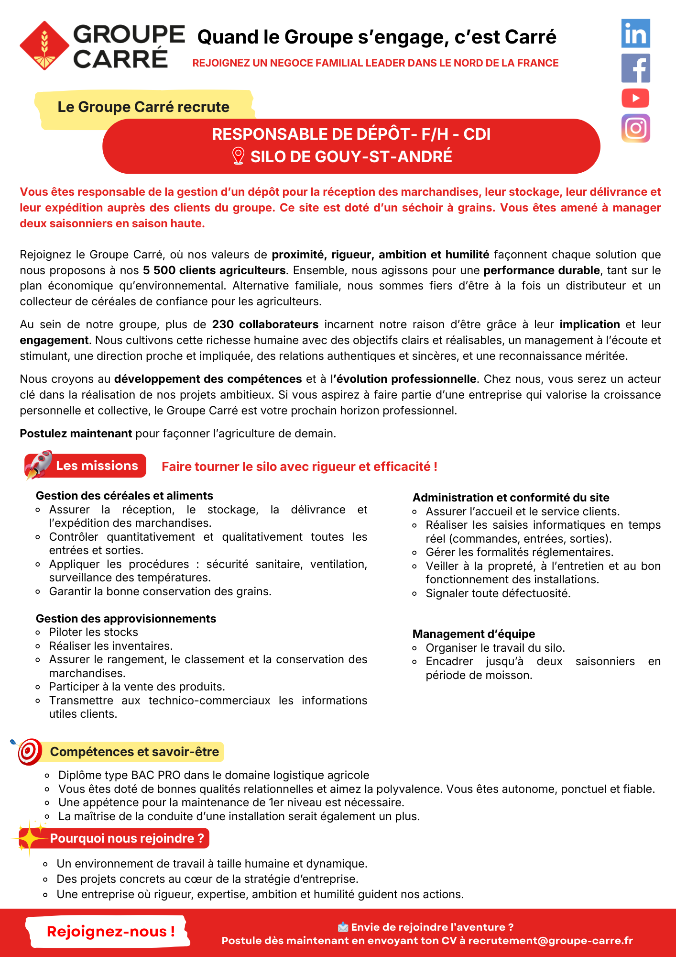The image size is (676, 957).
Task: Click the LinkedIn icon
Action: pyautogui.click(x=635, y=33)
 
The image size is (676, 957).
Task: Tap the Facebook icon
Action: pyautogui.click(x=635, y=68)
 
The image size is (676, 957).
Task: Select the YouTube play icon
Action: pyautogui.click(x=635, y=98)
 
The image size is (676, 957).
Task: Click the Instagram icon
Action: pyautogui.click(x=635, y=128)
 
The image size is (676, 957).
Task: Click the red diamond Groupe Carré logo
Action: pyautogui.click(x=44, y=45)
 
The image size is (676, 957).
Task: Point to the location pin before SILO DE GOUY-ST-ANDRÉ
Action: pyautogui.click(x=238, y=156)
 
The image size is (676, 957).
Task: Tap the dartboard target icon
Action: pyautogui.click(x=30, y=751)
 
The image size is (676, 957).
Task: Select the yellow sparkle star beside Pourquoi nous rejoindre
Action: pyautogui.click(x=30, y=837)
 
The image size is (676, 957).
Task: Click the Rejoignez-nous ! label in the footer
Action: pyautogui.click(x=110, y=931)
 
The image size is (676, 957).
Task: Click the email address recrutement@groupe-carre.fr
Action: pyautogui.click(x=550, y=941)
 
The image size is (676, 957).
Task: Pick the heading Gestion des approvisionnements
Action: pyautogui.click(x=126, y=619)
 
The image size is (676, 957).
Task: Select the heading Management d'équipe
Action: pyautogui.click(x=473, y=634)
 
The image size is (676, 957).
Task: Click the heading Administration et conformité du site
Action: pyautogui.click(x=511, y=498)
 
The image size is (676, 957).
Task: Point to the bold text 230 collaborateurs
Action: pyautogui.click(x=265, y=324)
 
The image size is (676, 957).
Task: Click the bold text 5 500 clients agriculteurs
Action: pyautogui.click(x=214, y=270)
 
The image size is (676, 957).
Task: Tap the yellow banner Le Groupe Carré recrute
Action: pyautogui.click(x=143, y=107)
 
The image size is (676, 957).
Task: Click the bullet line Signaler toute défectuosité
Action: pyautogui.click(x=498, y=593)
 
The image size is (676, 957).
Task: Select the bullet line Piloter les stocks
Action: pyautogui.click(x=93, y=632)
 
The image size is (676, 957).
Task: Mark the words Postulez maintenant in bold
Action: pyautogui.click(x=76, y=434)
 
